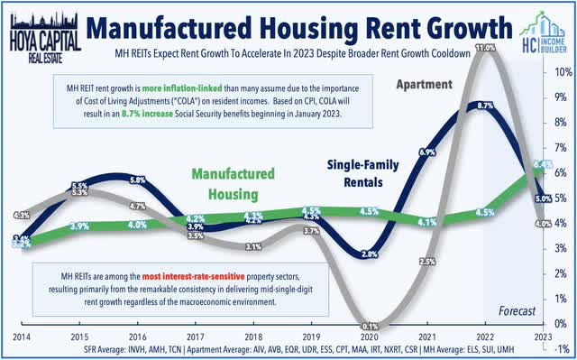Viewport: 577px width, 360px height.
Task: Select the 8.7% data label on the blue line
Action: tap(485, 106)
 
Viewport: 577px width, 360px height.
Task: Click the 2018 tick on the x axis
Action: tap(252, 334)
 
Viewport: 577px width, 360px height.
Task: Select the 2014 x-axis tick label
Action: tap(22, 334)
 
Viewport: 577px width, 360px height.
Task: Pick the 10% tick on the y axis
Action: tap(559, 72)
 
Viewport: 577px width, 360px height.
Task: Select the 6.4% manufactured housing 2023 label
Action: tap(543, 165)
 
